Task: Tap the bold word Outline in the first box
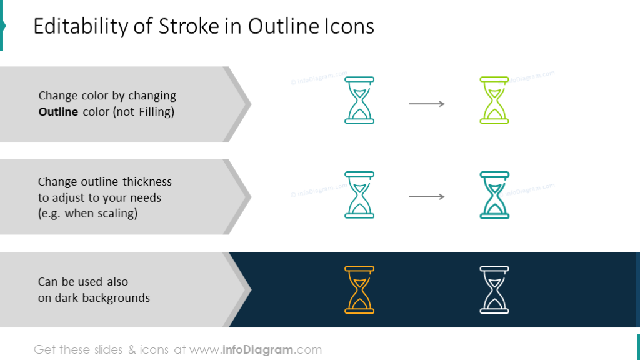58,112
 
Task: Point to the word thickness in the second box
147,182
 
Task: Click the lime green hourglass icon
494,100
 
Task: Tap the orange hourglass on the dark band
359,289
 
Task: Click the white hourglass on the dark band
494,289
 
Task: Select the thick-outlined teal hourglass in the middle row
494,195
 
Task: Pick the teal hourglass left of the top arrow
359,100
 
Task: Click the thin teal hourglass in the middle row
359,195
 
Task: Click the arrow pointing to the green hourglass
427,104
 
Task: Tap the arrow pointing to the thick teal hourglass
427,197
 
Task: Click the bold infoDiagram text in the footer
259,350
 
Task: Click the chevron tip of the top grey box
248,104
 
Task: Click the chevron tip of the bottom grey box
248,289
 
